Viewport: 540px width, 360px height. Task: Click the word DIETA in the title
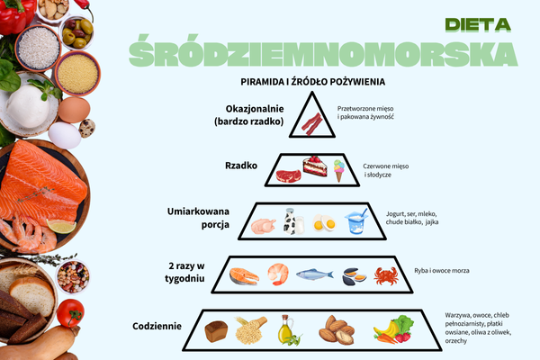(478, 25)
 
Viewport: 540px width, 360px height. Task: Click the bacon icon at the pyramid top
(312, 124)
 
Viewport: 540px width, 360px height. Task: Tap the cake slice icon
(315, 166)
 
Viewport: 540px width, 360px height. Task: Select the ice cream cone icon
(339, 170)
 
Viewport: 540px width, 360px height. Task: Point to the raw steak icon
(288, 175)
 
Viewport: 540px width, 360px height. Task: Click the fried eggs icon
(324, 223)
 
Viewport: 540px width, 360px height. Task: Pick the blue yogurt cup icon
(356, 221)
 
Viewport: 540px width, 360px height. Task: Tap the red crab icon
(386, 276)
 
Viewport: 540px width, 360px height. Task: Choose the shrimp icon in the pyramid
(278, 274)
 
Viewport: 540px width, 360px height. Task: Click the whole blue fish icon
(315, 274)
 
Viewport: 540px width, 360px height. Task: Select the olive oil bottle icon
(288, 330)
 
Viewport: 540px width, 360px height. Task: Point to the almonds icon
(337, 330)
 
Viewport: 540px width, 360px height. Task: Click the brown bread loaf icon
(216, 331)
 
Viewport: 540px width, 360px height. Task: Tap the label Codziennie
(157, 326)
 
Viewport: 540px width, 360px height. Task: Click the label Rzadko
(241, 166)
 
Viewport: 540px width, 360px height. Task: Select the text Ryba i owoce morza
(442, 271)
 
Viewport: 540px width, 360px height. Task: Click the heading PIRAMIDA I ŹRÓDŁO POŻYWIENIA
(312, 82)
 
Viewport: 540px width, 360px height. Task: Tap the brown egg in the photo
(74, 110)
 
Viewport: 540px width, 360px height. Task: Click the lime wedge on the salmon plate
(61, 226)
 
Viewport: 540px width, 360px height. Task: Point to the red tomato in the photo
(70, 313)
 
